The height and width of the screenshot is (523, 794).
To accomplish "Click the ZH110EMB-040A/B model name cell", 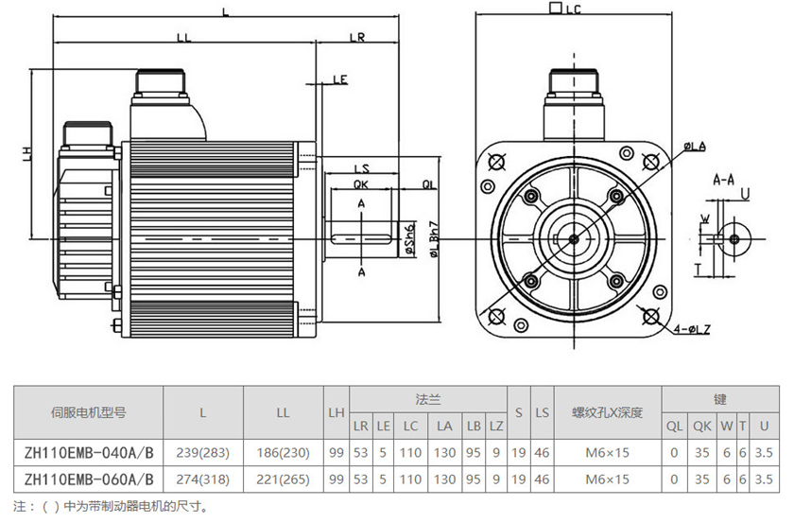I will click(88, 453).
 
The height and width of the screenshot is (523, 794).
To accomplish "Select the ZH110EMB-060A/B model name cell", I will click(88, 479).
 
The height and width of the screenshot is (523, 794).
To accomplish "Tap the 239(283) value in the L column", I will click(203, 453).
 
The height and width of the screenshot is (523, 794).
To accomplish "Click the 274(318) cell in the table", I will click(203, 479).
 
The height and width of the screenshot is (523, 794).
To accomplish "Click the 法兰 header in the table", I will click(428, 399).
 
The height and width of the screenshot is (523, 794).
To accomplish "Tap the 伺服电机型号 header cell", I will click(88, 412).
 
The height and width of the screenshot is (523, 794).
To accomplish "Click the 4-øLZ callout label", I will click(692, 329).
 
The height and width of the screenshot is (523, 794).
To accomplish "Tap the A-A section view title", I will click(724, 178).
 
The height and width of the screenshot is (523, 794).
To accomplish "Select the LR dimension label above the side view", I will click(357, 37).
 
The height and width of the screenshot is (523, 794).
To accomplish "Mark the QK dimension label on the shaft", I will click(361, 184).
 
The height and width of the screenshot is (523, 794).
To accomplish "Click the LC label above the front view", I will click(572, 9).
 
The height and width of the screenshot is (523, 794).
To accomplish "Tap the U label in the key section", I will click(746, 194).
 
